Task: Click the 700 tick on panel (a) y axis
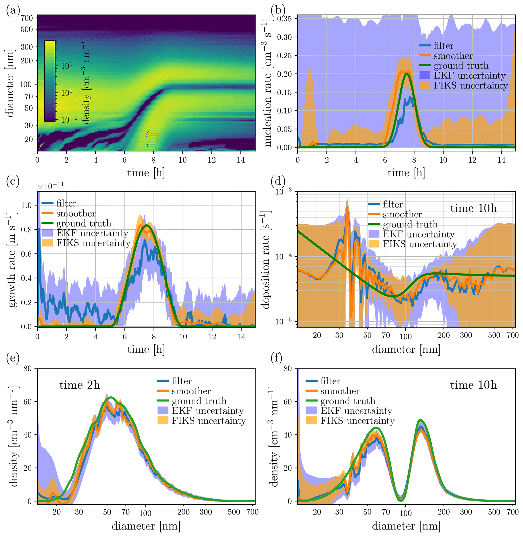click(27, 18)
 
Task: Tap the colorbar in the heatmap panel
click(50, 81)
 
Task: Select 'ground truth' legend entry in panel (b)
click(461, 65)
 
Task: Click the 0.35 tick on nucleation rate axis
click(284, 19)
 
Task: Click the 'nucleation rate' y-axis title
click(267, 82)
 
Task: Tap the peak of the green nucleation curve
click(407, 74)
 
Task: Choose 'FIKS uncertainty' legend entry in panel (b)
click(471, 85)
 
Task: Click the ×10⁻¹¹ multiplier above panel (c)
click(51, 186)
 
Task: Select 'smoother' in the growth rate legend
click(76, 213)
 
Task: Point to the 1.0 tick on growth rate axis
click(26, 205)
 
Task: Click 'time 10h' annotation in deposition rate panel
click(473, 209)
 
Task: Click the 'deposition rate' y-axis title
click(266, 259)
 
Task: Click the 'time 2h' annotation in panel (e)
click(80, 385)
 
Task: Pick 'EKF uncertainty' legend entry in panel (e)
click(208, 411)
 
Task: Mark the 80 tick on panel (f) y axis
click(288, 368)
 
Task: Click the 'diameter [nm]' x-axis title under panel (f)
click(406, 526)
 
